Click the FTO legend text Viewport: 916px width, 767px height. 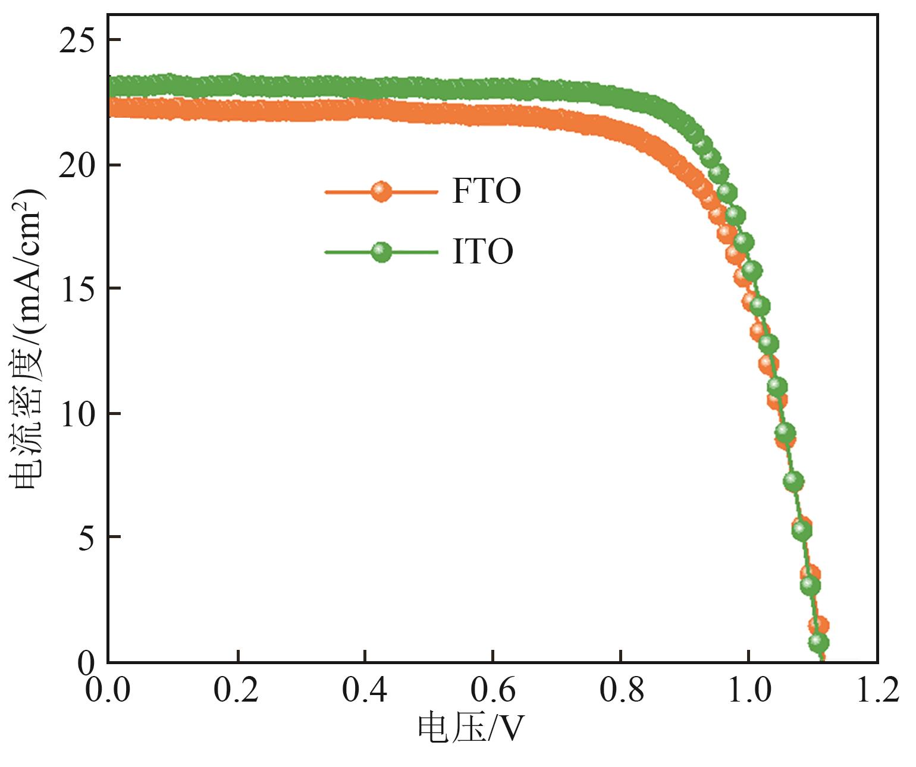[487, 191]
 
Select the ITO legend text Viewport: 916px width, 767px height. [482, 252]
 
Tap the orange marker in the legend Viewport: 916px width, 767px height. [381, 191]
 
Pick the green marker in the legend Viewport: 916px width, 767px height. [381, 252]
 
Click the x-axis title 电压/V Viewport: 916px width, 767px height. [470, 729]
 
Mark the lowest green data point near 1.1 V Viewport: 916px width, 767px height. [819, 642]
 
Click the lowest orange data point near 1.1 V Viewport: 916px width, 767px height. [820, 625]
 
